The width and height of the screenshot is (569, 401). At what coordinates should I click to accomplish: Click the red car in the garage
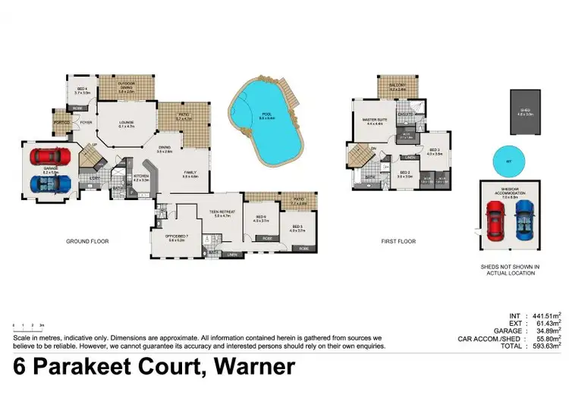click(x=49, y=158)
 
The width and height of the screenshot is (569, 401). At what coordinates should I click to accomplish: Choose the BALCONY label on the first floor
click(x=398, y=85)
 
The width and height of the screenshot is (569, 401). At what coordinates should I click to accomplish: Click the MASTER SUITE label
click(x=374, y=120)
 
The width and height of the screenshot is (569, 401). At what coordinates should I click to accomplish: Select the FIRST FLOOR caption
click(x=398, y=242)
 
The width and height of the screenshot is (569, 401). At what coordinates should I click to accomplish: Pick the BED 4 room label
click(x=82, y=90)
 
